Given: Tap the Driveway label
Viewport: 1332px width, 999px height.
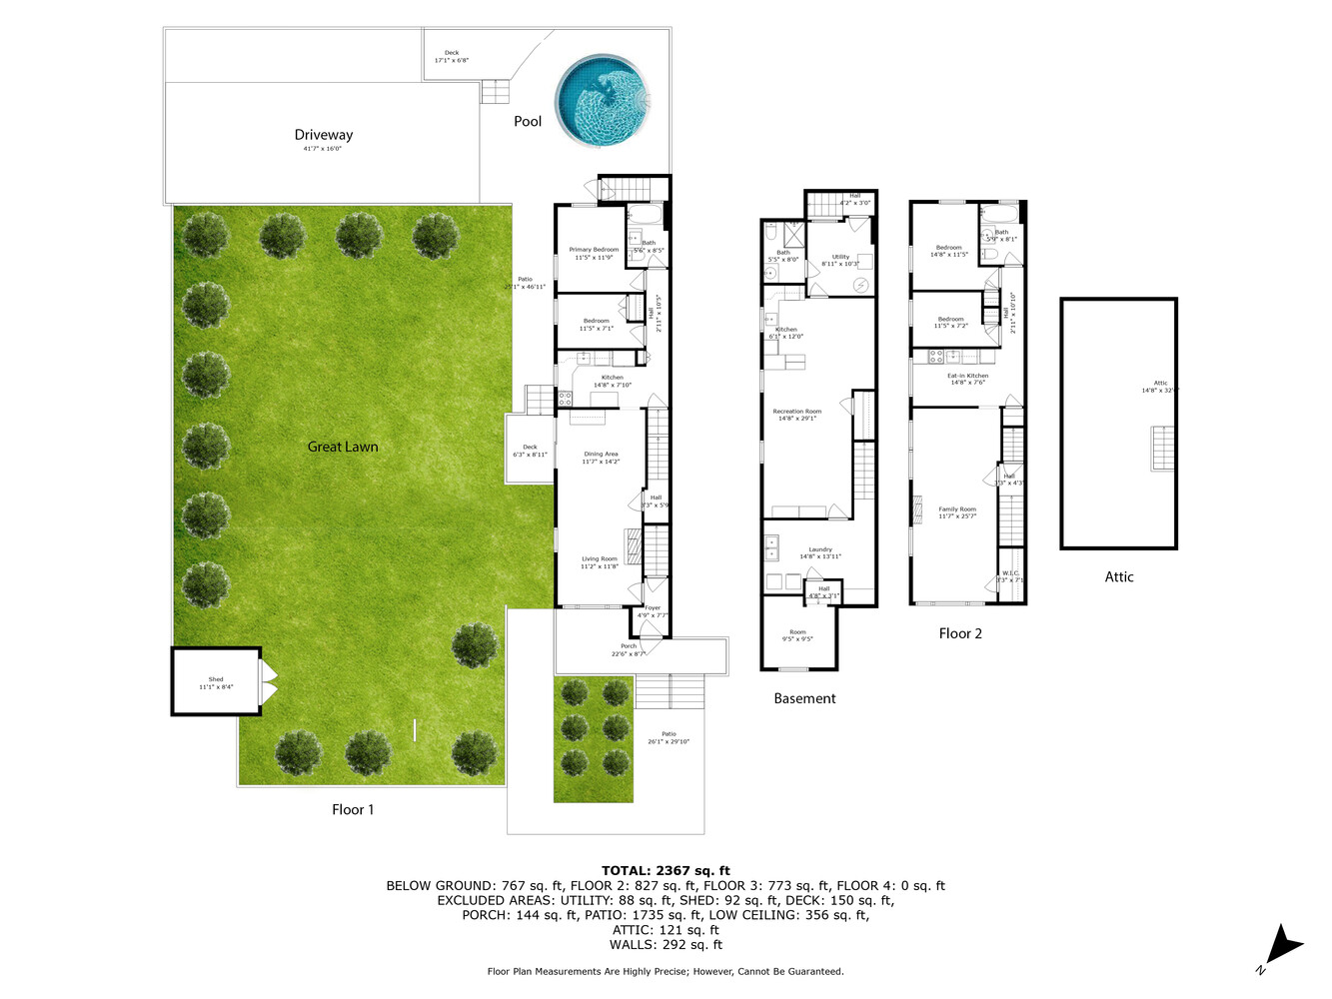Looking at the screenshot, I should [323, 135].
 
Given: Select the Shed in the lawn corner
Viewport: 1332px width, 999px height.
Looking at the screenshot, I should [216, 682].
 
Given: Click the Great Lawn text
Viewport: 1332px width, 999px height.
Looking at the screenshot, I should [343, 447].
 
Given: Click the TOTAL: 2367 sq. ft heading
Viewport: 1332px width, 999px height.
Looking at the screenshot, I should [666, 871].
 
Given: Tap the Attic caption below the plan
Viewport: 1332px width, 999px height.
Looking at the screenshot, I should [1119, 576].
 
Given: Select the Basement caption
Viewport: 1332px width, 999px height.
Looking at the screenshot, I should [804, 698].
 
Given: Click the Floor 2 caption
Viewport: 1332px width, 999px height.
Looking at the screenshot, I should [960, 633].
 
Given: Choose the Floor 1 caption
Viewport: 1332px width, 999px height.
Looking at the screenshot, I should [353, 809].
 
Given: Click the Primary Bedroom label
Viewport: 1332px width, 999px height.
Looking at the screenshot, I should [594, 250].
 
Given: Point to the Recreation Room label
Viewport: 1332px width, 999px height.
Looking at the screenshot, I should [797, 412].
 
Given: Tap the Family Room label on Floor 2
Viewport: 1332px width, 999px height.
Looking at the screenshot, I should [957, 509].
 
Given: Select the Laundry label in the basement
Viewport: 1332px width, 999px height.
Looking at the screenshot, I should [820, 549].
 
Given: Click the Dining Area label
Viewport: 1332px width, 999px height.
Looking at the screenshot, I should [601, 455].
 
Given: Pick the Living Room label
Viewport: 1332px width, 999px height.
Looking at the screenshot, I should [600, 559].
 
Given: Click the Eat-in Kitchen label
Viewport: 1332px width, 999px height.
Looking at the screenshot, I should [967, 377].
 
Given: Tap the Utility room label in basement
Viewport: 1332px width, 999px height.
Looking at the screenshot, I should [840, 257].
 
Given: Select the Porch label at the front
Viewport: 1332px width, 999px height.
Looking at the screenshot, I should [629, 646].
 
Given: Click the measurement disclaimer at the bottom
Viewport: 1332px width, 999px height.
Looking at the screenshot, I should [666, 971].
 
